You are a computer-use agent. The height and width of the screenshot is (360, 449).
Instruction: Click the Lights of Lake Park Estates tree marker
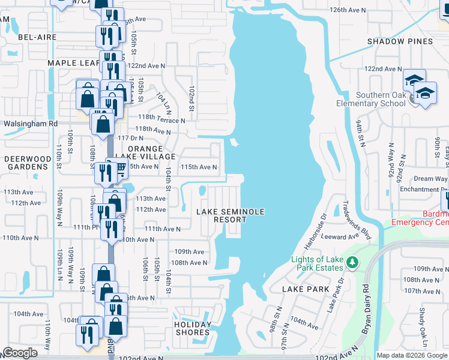(x=353, y=262)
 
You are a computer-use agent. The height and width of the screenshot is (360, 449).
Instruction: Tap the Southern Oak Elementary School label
(x=381, y=99)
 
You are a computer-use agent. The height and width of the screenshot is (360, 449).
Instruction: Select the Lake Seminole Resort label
(x=222, y=215)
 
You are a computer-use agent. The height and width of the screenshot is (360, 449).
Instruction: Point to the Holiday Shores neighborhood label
(x=193, y=328)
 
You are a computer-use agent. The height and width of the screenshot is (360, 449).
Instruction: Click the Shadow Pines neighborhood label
(x=400, y=41)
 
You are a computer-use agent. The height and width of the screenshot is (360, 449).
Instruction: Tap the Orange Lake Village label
(x=145, y=152)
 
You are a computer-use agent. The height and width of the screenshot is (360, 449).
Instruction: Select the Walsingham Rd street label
(x=29, y=124)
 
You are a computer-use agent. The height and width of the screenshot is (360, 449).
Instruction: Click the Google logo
(x=20, y=353)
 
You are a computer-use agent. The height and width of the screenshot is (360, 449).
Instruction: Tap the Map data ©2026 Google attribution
(x=412, y=355)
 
